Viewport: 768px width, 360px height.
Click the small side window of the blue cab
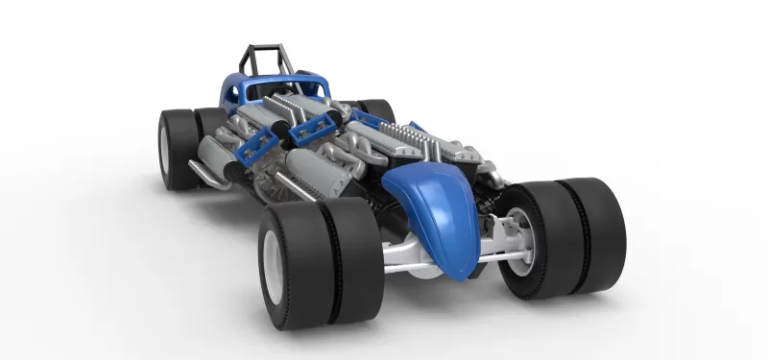click(230, 93)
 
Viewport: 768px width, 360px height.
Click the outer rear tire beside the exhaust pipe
click(174, 149)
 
